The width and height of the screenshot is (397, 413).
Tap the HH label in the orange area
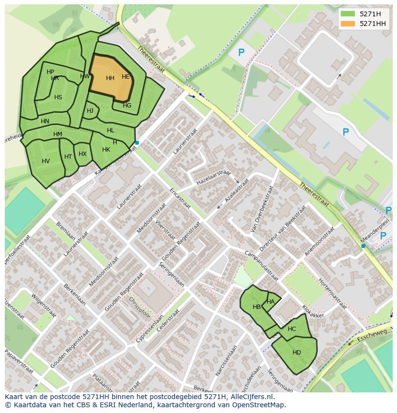click(x=110, y=78)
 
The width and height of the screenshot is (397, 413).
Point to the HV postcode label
click(x=46, y=161)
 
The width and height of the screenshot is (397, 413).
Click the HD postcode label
click(x=297, y=353)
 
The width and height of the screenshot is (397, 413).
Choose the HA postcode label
click(x=271, y=302)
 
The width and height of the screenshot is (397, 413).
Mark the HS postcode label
click(x=58, y=97)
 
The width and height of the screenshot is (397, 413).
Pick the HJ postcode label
click(x=90, y=111)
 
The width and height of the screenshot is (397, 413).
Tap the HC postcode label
click(x=292, y=329)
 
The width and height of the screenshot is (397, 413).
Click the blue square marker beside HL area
click(x=137, y=143)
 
